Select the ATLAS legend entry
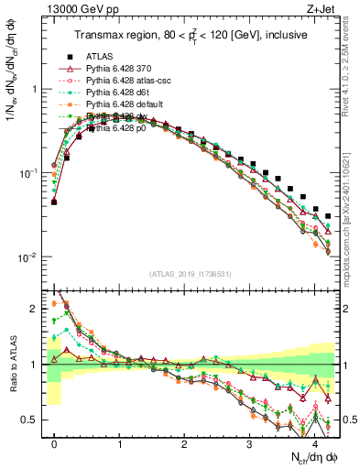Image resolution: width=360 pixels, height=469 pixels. coord(101,56)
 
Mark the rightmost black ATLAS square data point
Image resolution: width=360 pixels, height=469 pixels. coord(329,216)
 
